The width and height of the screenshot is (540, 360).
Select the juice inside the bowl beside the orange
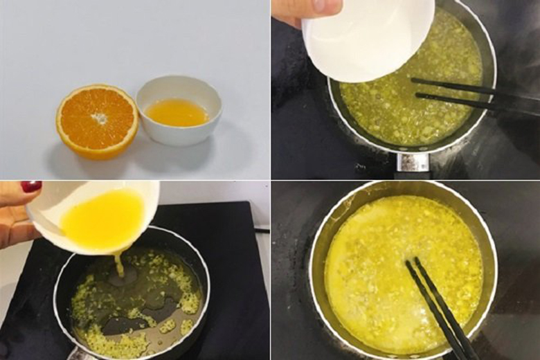(177, 112)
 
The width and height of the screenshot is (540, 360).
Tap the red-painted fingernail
(30, 186)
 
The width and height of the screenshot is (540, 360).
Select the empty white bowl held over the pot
(367, 38)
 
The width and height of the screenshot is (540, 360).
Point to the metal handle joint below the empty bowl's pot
(413, 162)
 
